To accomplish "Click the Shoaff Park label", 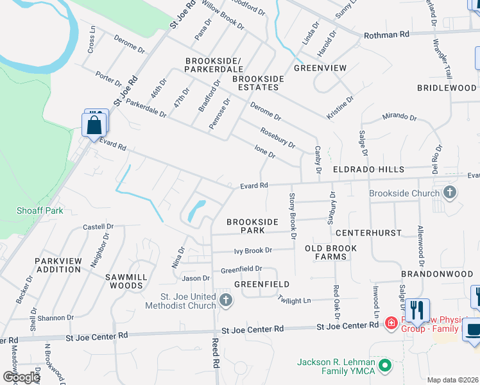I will tap(31, 210).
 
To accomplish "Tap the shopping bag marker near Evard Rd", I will tap(94, 126).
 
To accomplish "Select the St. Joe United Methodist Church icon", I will tap(225, 300).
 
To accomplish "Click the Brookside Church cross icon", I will tap(450, 192).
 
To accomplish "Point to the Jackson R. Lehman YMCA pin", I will tap(385, 366).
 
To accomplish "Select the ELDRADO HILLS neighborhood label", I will tap(368, 169).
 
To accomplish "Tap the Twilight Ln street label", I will tap(294, 300).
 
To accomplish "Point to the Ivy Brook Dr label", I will tap(253, 250).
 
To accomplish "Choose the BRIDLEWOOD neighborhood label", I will tap(447, 88).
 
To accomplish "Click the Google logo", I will tap(22, 377).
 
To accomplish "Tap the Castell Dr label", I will tap(98, 227).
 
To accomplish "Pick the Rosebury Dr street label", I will tap(277, 138).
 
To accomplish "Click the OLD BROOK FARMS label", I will tap(326, 252).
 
